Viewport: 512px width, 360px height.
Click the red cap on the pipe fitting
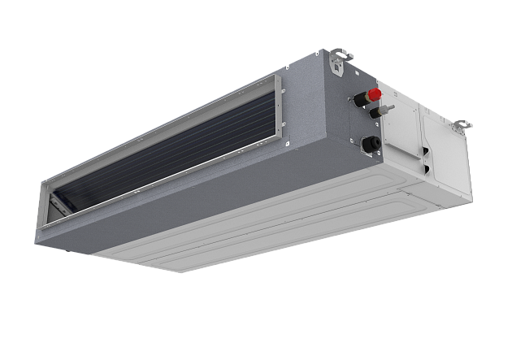coord(376,93)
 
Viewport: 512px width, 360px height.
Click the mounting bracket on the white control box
coord(461,126)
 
